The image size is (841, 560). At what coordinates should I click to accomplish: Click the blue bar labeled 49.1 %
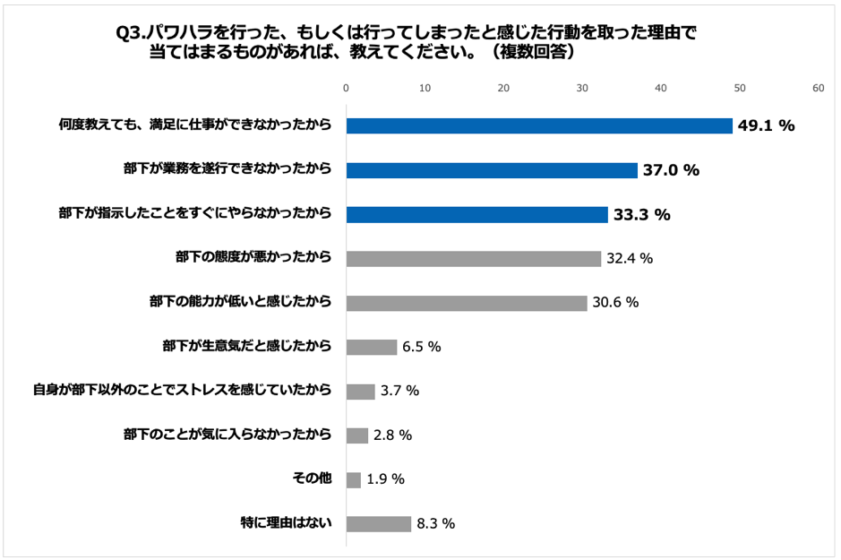pos(539,125)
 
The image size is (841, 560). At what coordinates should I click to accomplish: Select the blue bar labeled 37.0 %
pos(492,170)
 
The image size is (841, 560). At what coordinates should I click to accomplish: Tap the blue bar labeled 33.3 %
pos(477,214)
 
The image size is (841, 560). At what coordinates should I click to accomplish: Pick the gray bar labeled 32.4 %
pos(474,258)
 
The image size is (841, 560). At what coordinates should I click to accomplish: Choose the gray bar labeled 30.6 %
pos(467,303)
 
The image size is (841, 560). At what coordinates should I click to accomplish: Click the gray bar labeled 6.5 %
pos(372,347)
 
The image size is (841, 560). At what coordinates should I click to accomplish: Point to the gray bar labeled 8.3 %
pos(379,523)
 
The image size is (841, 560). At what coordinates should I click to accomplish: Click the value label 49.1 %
pos(767,126)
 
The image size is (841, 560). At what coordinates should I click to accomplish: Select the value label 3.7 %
pos(400,392)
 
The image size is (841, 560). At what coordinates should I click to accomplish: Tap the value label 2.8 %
pos(393,435)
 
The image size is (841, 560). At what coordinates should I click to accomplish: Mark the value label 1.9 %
pos(386,479)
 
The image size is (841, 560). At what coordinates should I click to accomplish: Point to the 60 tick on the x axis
pos(818,88)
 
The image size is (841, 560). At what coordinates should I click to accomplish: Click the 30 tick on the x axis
pos(582,88)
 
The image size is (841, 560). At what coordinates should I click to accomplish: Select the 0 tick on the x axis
pos(347,88)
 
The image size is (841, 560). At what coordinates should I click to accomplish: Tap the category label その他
pos(313,479)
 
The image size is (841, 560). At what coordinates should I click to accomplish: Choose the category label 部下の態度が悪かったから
pos(253,258)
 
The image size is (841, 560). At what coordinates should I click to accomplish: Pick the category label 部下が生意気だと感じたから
pos(247,347)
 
